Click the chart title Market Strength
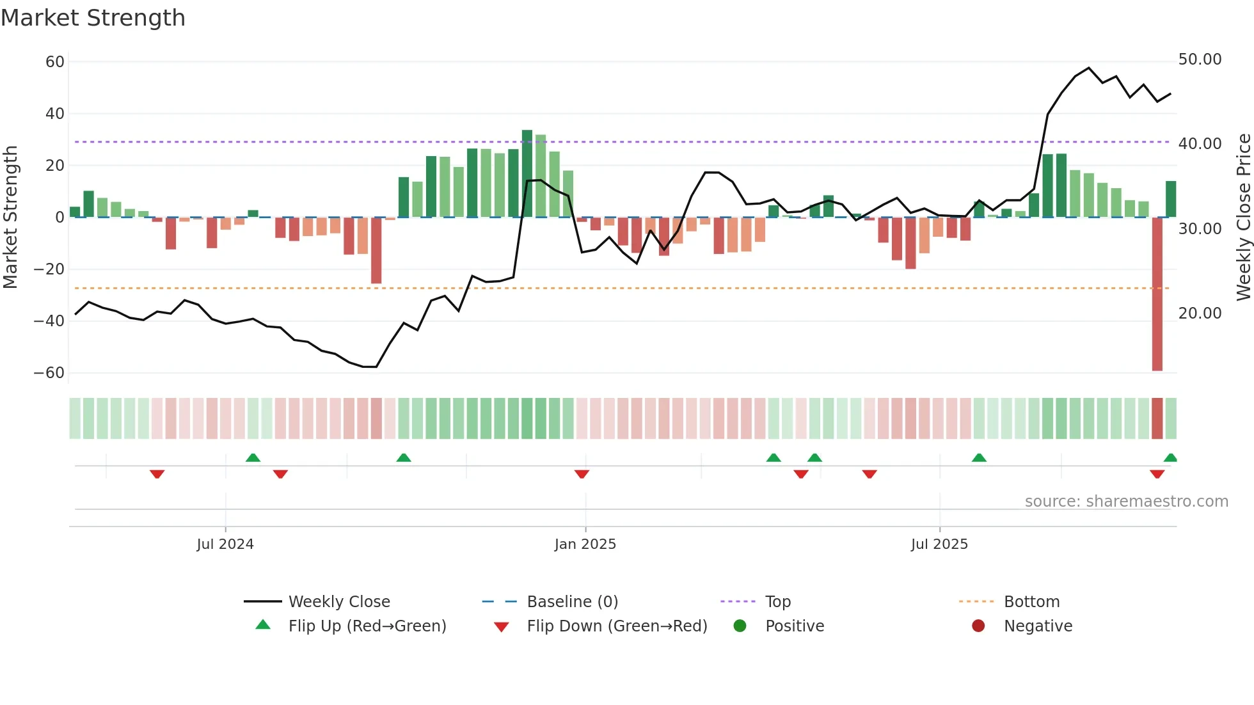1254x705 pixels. click(x=93, y=18)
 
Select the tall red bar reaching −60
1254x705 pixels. click(x=1157, y=294)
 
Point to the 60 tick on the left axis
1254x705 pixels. click(x=55, y=62)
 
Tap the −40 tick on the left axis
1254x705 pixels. click(x=49, y=321)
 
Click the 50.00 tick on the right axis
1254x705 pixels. click(x=1200, y=59)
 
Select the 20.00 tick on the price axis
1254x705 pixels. click(x=1200, y=313)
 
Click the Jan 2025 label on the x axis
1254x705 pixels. click(x=585, y=544)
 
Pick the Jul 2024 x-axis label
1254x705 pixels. click(x=225, y=544)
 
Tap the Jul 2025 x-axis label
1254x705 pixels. click(x=939, y=544)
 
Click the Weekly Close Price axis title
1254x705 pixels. click(x=1243, y=218)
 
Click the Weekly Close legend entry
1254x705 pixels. click(x=338, y=602)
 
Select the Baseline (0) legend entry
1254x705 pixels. click(x=572, y=602)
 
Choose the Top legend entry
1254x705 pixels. click(x=777, y=602)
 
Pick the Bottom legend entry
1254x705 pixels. click(x=1031, y=602)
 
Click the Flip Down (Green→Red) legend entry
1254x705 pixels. click(x=616, y=626)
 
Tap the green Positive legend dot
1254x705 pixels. click(x=740, y=626)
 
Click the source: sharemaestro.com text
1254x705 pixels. click(x=1126, y=502)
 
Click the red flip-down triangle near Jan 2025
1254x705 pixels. click(x=582, y=474)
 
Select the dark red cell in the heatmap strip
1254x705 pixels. click(x=1157, y=418)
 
